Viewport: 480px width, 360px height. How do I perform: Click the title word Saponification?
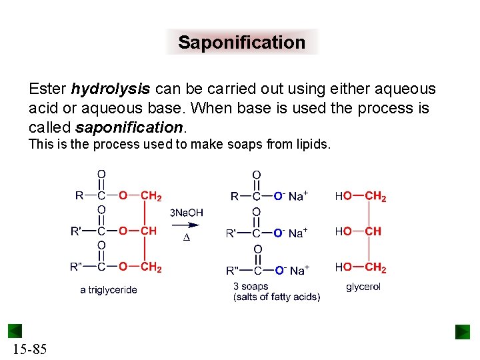pos(241,43)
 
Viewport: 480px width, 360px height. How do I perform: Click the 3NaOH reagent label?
pos(187,213)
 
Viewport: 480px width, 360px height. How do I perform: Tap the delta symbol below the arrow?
pos(187,239)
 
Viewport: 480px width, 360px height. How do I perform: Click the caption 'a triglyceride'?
pos(109,290)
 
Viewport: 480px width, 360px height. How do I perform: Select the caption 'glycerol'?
pos(363,287)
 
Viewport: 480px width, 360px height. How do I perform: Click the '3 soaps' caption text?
pos(251,287)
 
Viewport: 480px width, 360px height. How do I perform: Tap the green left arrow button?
pos(15,331)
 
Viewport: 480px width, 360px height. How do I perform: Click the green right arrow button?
pos(463,331)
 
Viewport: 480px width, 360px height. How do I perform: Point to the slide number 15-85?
pos(29,349)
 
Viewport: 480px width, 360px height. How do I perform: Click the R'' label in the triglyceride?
pos(76,267)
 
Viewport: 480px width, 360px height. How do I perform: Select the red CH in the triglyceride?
pos(148,231)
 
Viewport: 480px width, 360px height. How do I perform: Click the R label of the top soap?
pos(235,197)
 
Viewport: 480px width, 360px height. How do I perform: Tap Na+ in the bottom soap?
pos(299,270)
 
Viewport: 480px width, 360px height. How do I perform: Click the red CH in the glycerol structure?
pos(373,231)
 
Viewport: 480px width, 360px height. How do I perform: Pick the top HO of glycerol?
pos(343,197)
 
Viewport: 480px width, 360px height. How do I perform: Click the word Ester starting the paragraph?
pos(48,89)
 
